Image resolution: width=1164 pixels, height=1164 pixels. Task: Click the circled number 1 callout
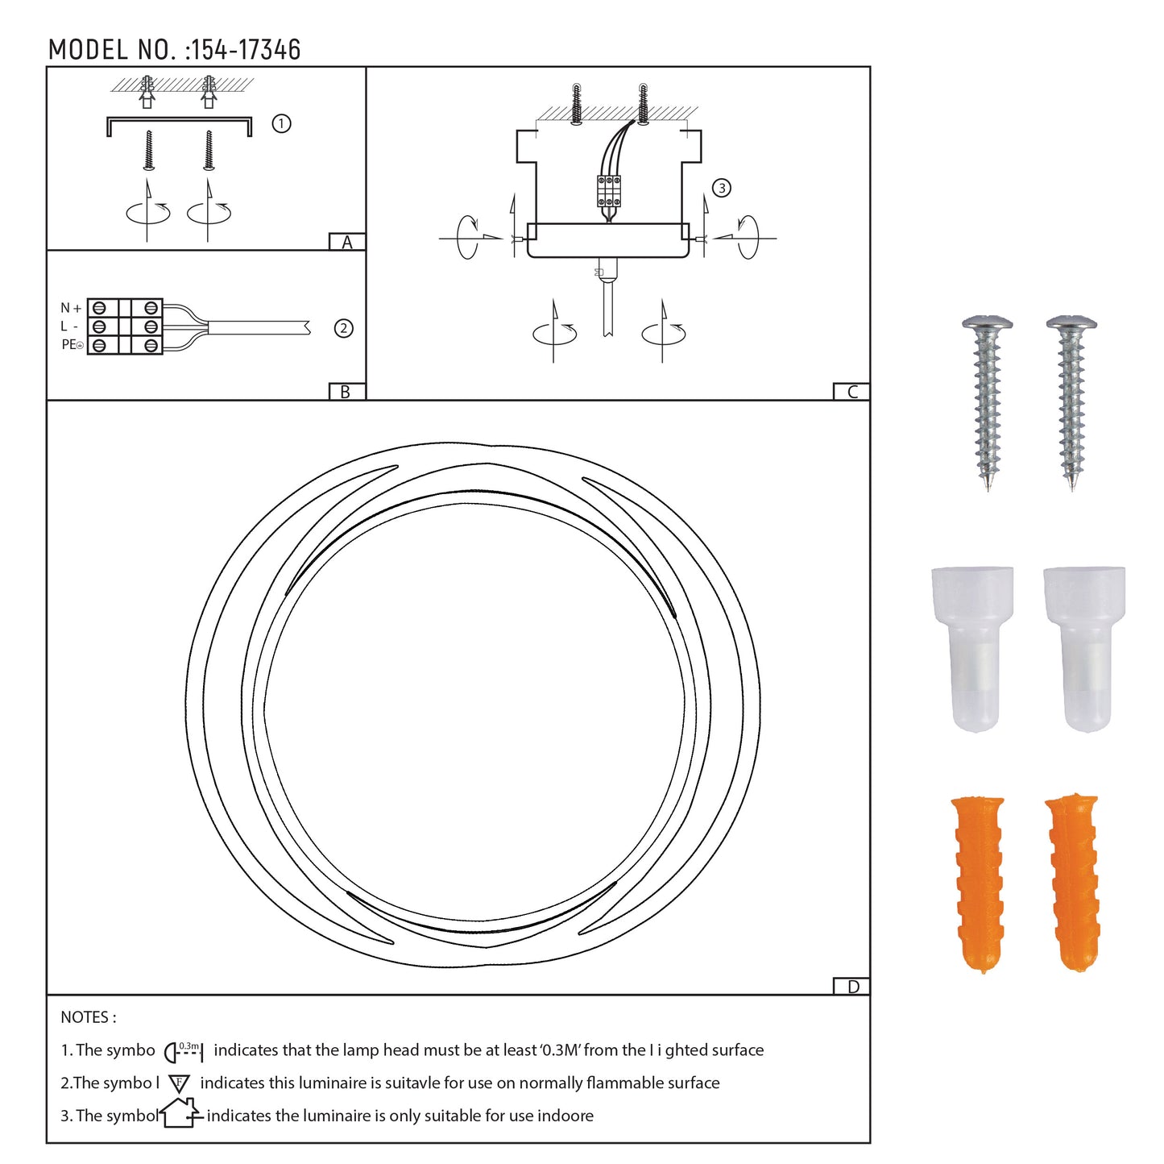click(281, 124)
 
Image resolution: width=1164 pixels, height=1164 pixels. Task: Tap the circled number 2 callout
click(344, 328)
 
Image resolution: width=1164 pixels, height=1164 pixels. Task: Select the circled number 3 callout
click(721, 188)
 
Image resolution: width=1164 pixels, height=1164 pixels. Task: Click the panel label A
click(346, 242)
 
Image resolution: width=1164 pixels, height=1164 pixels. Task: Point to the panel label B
click(346, 392)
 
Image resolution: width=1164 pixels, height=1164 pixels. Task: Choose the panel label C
click(852, 392)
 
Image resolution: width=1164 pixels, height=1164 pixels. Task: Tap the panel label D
click(853, 986)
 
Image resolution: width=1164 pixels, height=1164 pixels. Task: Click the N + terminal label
click(71, 308)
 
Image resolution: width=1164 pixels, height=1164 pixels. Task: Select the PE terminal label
click(72, 345)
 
